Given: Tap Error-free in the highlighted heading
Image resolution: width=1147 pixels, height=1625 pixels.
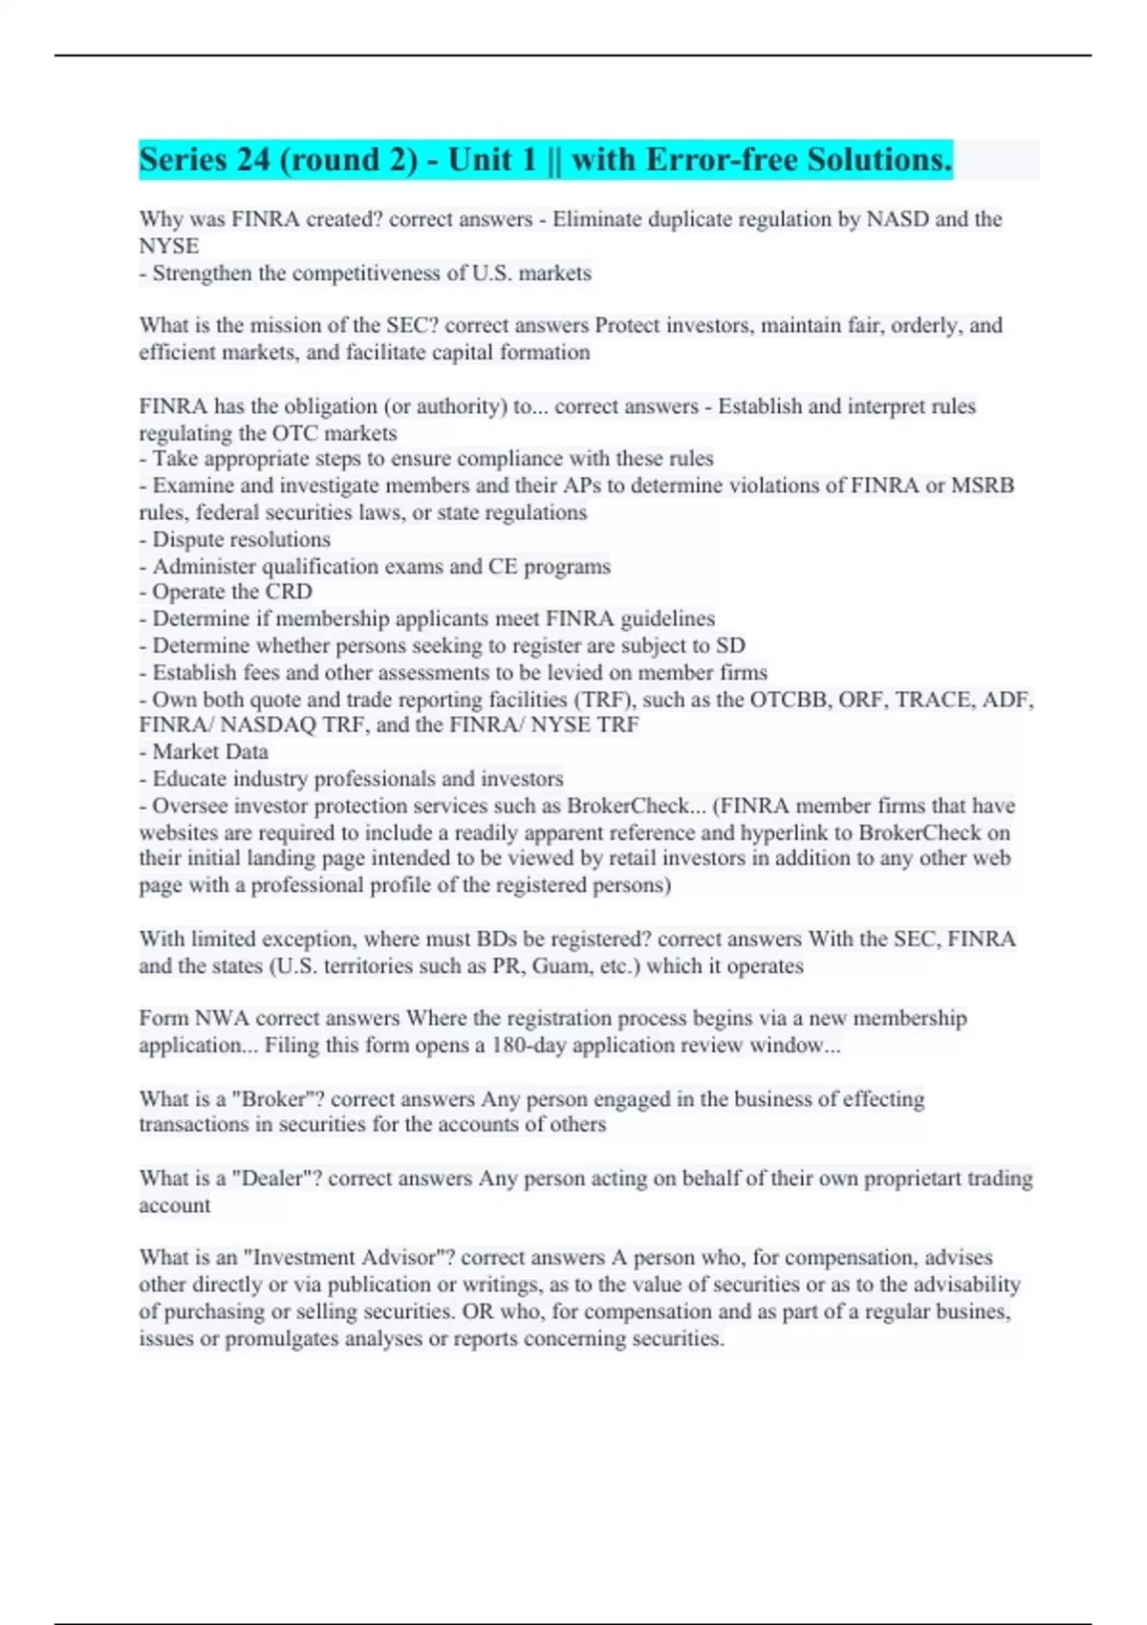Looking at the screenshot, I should coord(721,160).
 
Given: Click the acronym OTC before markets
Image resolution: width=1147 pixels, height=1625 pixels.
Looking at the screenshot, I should coord(295,434).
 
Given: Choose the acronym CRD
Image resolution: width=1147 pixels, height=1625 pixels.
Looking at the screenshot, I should coord(289,593).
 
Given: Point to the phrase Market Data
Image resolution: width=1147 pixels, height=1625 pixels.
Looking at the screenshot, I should coord(210,752).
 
